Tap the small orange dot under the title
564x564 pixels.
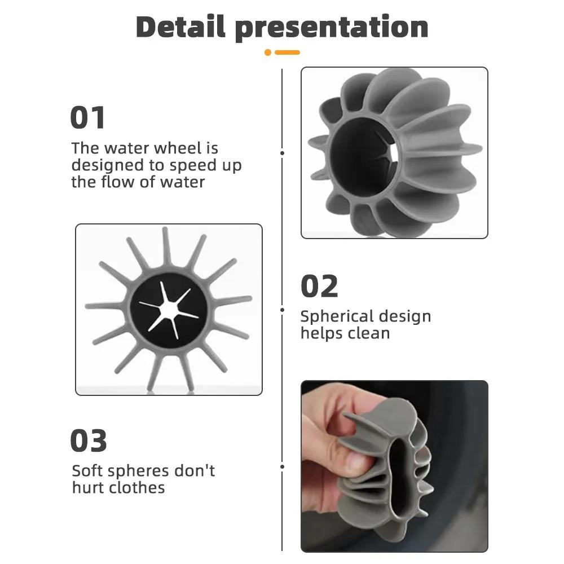pyautogui.click(x=268, y=52)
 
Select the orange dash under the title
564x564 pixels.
pyautogui.click(x=287, y=52)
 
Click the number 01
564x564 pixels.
pyautogui.click(x=87, y=118)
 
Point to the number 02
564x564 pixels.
pyautogui.click(x=319, y=287)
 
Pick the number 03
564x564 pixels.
pyautogui.click(x=88, y=441)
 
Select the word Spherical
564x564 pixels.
pyautogui.click(x=335, y=316)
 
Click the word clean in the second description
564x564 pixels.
pyautogui.click(x=367, y=333)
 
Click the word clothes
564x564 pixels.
pyautogui.click(x=137, y=487)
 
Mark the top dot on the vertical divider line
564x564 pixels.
pyautogui.click(x=282, y=152)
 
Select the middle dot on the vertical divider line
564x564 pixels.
pyautogui.click(x=282, y=309)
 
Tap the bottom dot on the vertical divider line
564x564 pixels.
pyautogui.click(x=282, y=466)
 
